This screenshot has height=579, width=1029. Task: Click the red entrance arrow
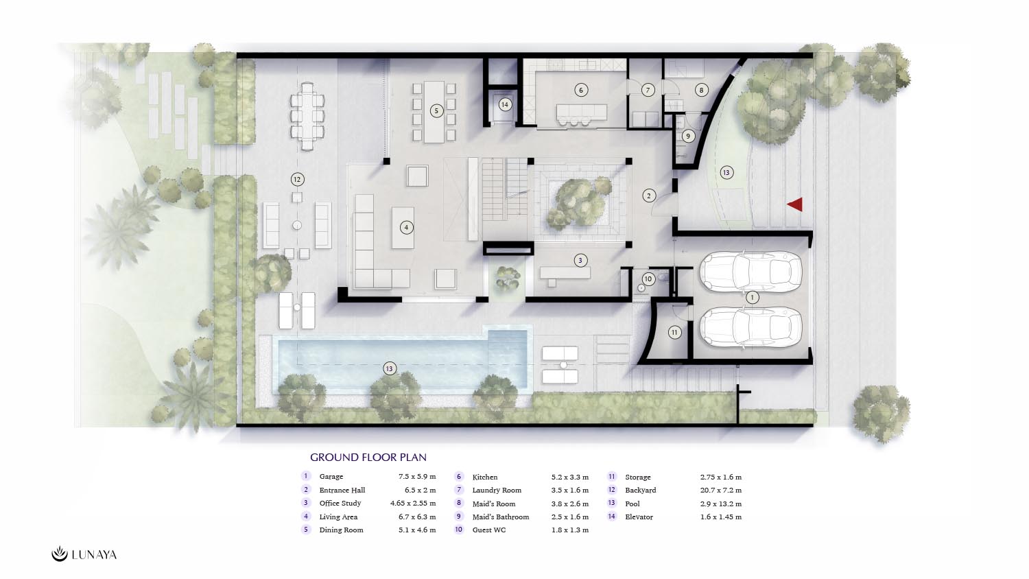pyautogui.click(x=796, y=204)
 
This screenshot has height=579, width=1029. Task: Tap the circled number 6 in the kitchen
pyautogui.click(x=581, y=90)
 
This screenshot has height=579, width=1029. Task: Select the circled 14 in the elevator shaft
pyautogui.click(x=505, y=105)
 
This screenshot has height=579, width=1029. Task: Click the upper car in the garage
pyautogui.click(x=750, y=272)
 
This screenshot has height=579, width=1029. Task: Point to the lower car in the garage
pyautogui.click(x=750, y=327)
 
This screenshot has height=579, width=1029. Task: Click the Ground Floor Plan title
pyautogui.click(x=368, y=457)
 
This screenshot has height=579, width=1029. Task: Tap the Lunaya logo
pyautogui.click(x=84, y=554)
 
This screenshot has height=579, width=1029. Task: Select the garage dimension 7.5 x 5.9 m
pyautogui.click(x=417, y=477)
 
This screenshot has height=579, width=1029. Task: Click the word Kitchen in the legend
pyautogui.click(x=484, y=477)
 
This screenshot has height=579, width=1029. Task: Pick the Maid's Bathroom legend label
pyautogui.click(x=501, y=517)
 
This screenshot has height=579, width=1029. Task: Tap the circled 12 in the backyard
pyautogui.click(x=297, y=179)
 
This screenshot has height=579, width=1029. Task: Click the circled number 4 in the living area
pyautogui.click(x=406, y=227)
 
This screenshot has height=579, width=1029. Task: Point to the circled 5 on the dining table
pyautogui.click(x=436, y=110)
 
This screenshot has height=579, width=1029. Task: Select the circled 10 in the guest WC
pyautogui.click(x=648, y=279)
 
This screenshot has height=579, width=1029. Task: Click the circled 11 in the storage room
pyautogui.click(x=674, y=332)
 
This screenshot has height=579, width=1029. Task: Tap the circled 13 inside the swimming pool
pyautogui.click(x=390, y=368)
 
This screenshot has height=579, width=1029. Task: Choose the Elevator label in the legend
pyautogui.click(x=639, y=517)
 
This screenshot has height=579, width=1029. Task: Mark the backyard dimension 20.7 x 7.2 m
pyautogui.click(x=721, y=491)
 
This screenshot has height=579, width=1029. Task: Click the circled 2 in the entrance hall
pyautogui.click(x=649, y=196)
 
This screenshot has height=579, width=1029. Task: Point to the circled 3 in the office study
pyautogui.click(x=580, y=261)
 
